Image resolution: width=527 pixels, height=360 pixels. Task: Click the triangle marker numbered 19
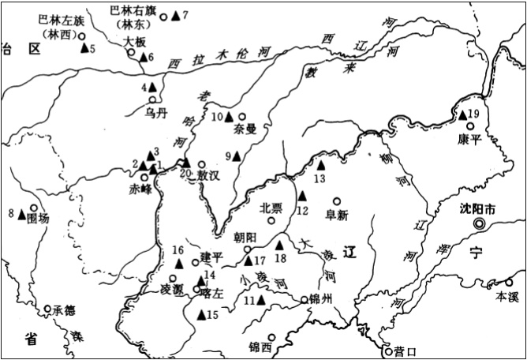[x=463, y=115]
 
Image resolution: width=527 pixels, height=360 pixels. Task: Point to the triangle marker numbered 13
[x=321, y=165]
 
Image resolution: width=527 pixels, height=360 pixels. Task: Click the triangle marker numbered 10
[x=229, y=116]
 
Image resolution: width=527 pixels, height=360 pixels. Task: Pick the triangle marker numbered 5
[x=83, y=48]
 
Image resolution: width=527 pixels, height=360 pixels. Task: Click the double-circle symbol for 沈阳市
[x=478, y=224]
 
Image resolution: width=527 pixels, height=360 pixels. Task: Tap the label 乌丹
[x=156, y=112]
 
